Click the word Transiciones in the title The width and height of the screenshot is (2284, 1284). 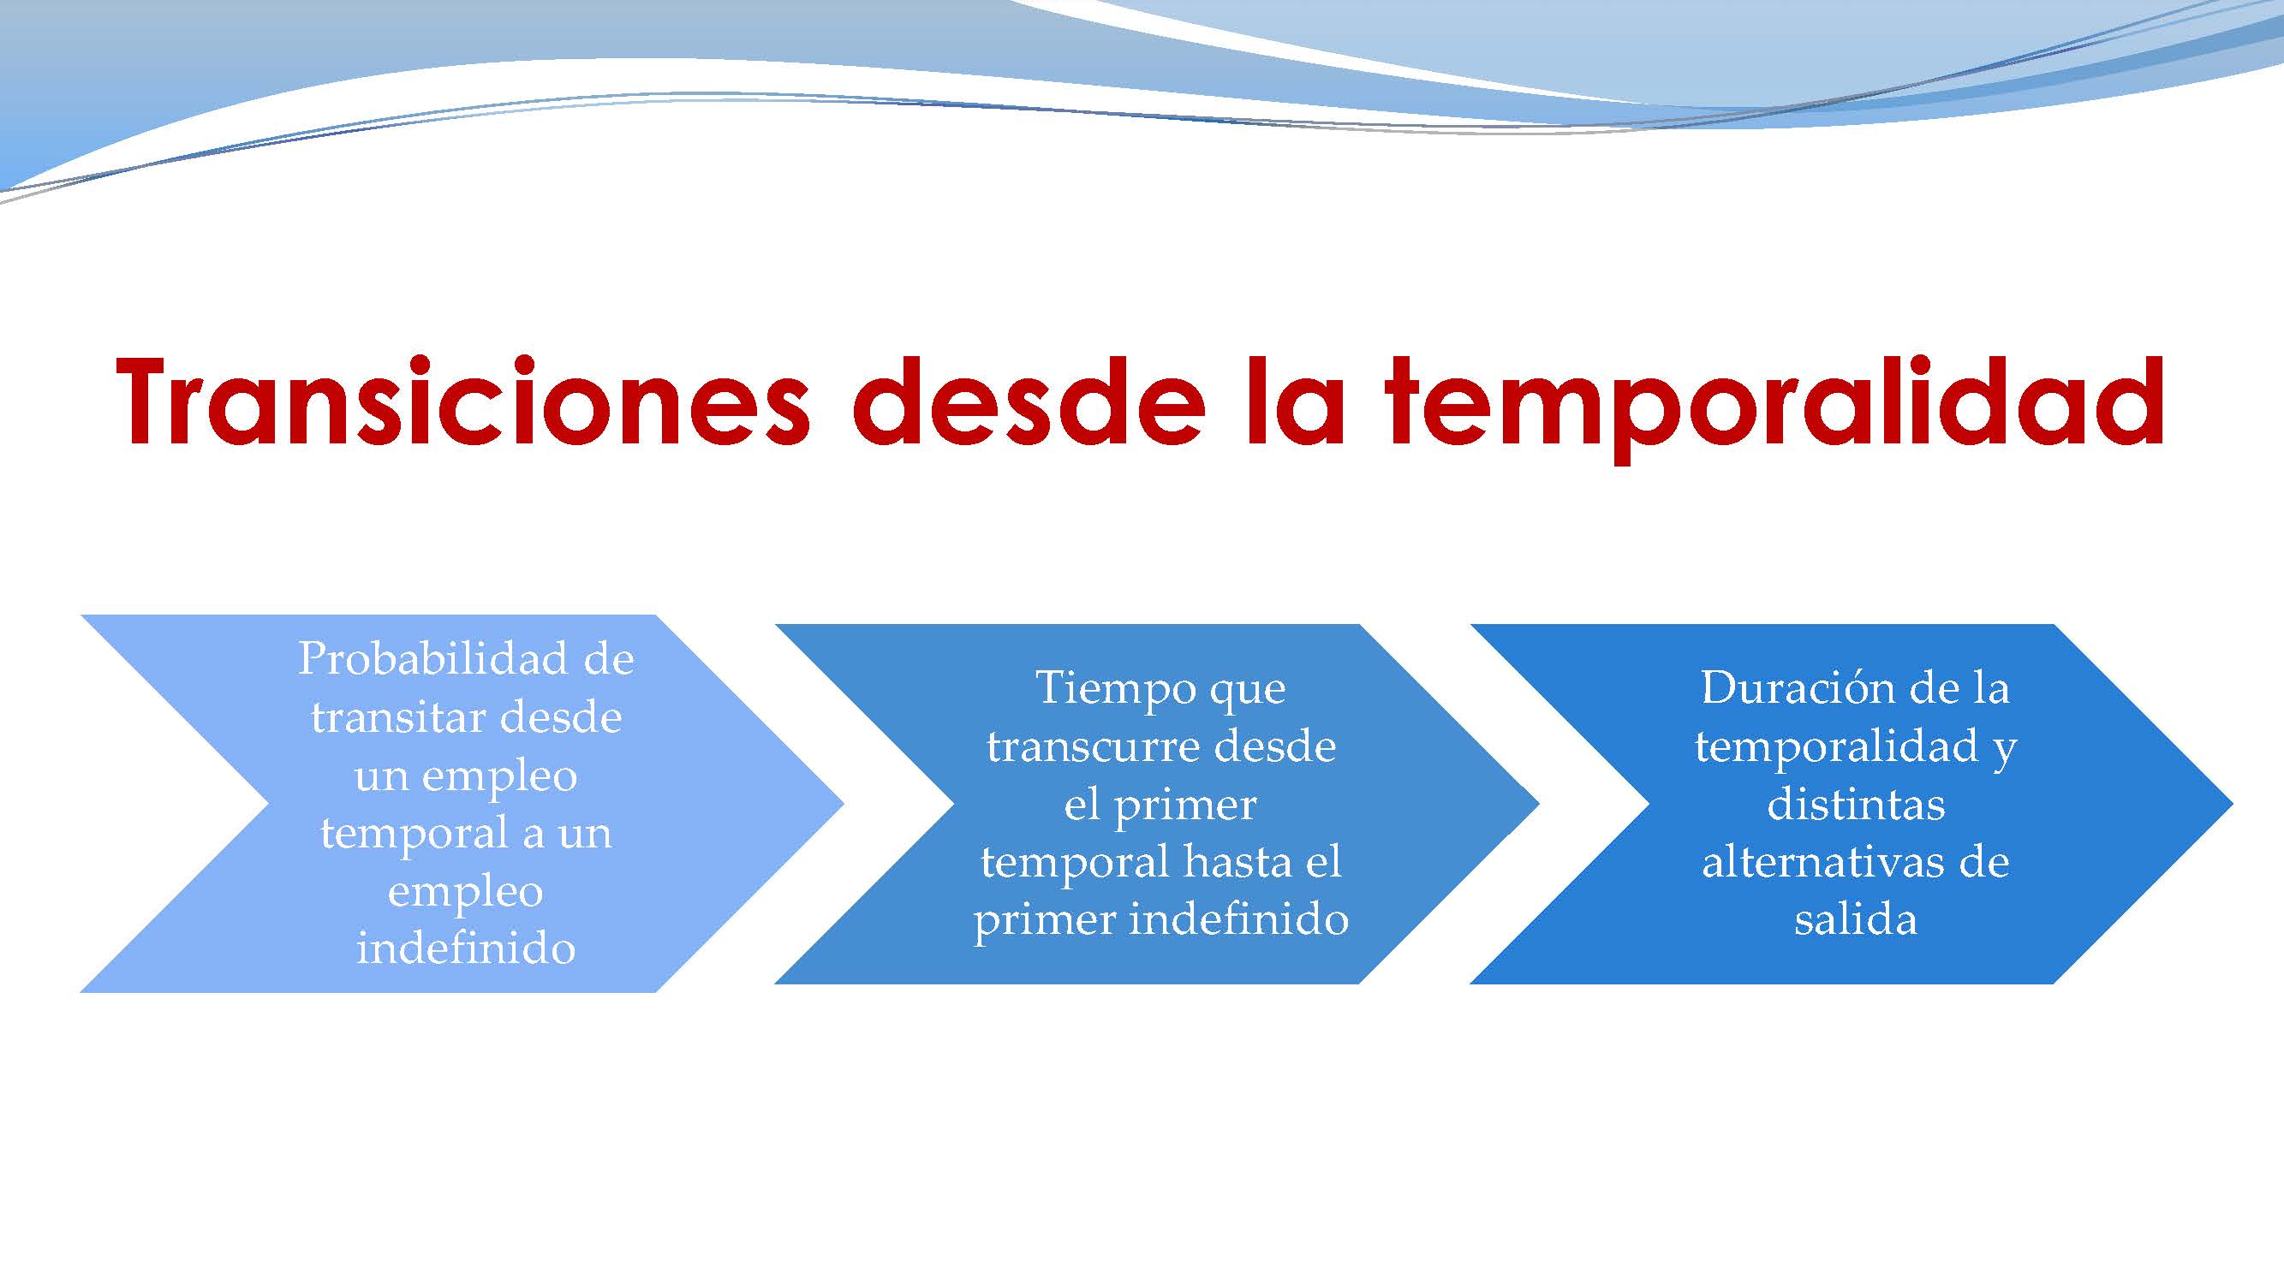(462, 403)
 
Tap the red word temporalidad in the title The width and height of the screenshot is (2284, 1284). (1774, 403)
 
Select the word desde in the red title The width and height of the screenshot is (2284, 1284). (1029, 403)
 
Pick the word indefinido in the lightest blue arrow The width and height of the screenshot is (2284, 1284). (467, 949)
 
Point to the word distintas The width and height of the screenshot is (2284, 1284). (1856, 805)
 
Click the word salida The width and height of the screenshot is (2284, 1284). (1856, 920)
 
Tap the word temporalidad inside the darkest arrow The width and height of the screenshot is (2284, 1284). (1836, 747)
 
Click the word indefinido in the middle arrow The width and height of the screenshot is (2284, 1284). (1238, 920)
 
